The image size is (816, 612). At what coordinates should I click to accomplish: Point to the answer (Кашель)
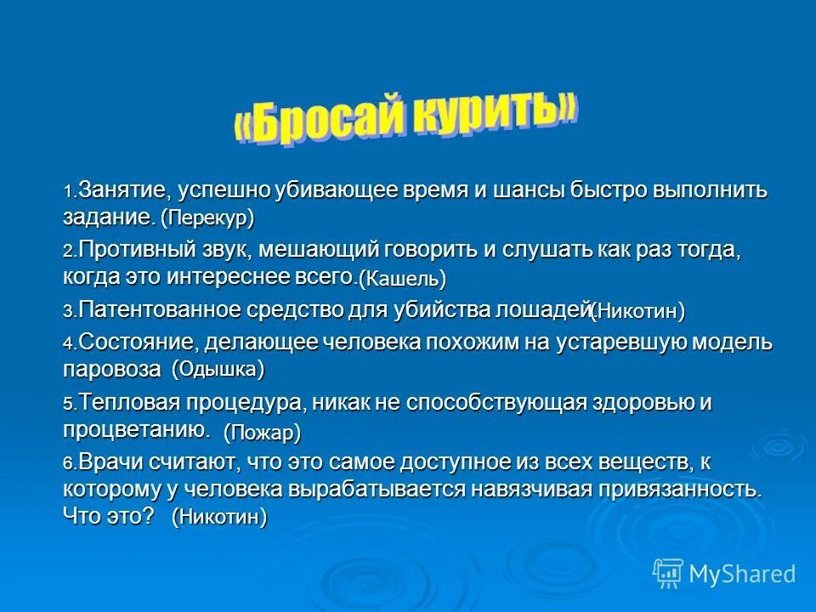click(x=401, y=278)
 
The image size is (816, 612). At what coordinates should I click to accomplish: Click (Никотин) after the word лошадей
click(x=637, y=312)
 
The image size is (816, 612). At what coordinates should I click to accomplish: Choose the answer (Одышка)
click(x=218, y=370)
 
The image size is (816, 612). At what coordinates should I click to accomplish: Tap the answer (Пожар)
click(x=262, y=433)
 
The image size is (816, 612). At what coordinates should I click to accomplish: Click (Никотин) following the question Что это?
click(x=218, y=517)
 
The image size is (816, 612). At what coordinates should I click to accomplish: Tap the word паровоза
click(x=111, y=370)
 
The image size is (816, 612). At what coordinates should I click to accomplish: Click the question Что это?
click(x=109, y=515)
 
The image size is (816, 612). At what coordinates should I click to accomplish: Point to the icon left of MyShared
click(x=666, y=574)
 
